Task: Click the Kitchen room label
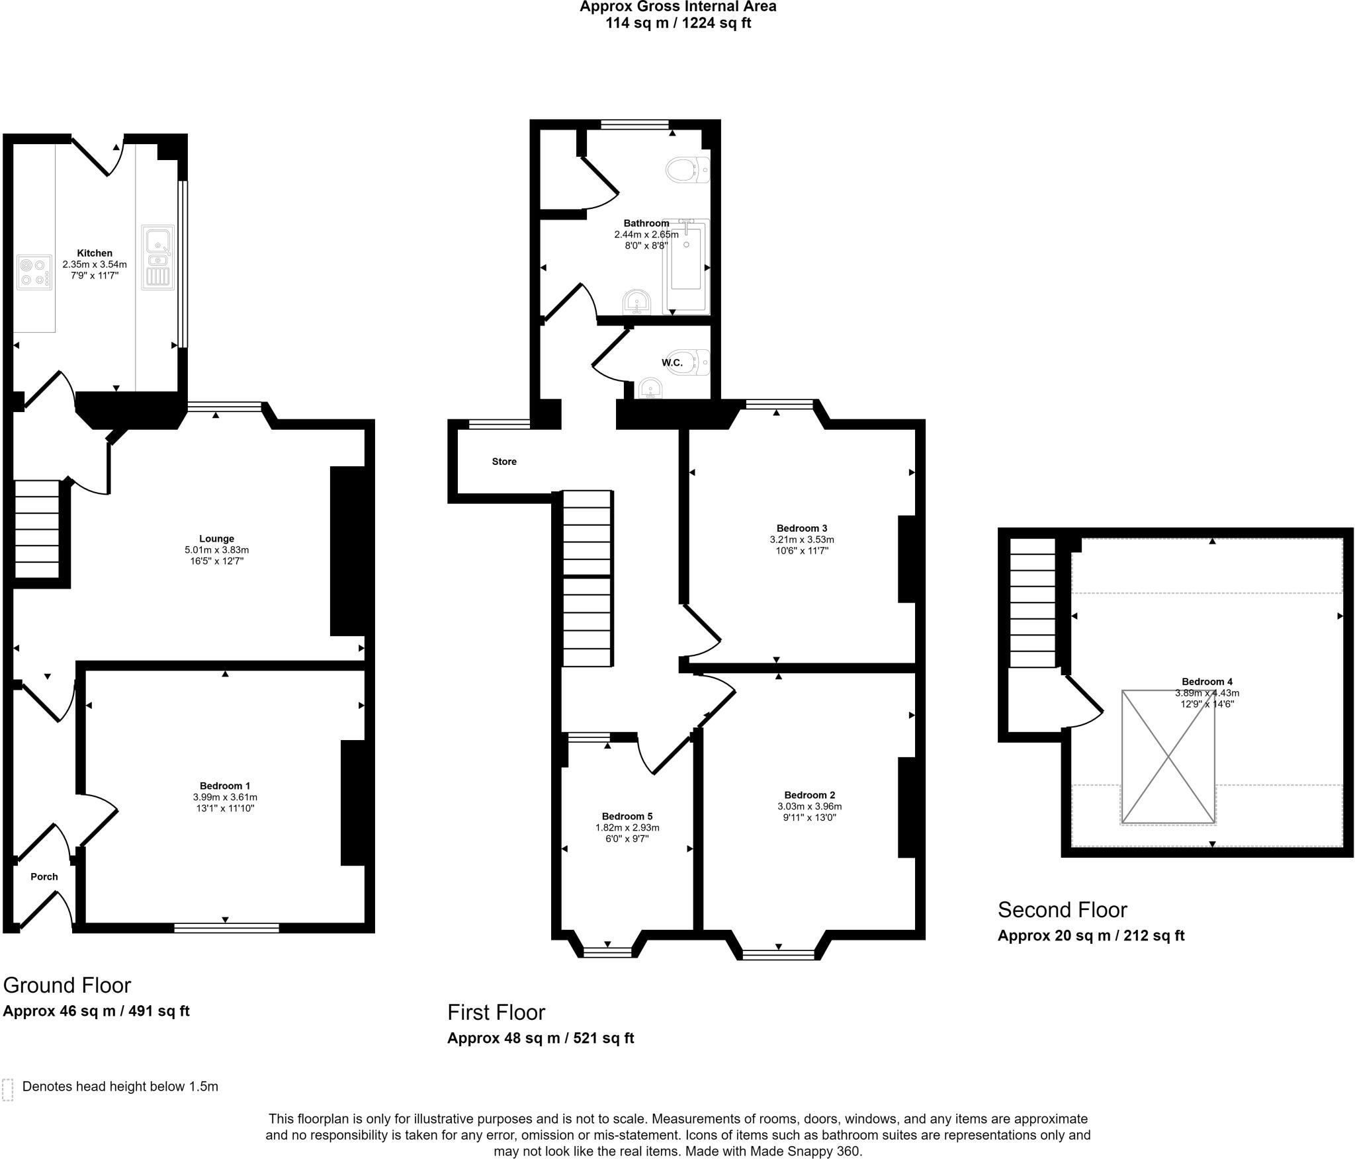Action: (x=95, y=253)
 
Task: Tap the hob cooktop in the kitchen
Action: (x=34, y=272)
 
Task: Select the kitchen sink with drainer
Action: (x=157, y=257)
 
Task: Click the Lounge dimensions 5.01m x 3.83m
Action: (x=216, y=550)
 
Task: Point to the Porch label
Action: (x=44, y=876)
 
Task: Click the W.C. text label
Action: (x=672, y=362)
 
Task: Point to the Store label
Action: (x=504, y=461)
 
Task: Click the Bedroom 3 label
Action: (x=802, y=528)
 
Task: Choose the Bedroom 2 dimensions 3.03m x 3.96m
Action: (x=809, y=806)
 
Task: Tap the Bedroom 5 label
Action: (x=627, y=816)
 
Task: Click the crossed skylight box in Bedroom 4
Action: (x=1168, y=757)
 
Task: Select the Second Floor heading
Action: (x=1062, y=910)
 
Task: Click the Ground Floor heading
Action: (x=67, y=985)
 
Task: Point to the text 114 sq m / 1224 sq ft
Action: (x=677, y=23)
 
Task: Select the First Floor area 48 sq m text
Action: (x=541, y=1038)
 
